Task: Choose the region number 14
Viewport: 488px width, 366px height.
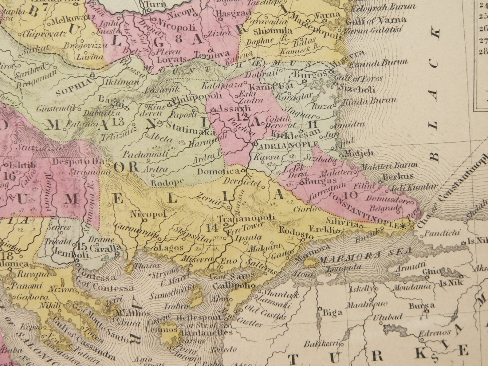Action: point(212,228)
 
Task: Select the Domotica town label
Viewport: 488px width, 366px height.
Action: point(218,171)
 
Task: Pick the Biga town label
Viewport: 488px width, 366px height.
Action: point(332,313)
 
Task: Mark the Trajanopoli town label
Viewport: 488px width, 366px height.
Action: point(246,218)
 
